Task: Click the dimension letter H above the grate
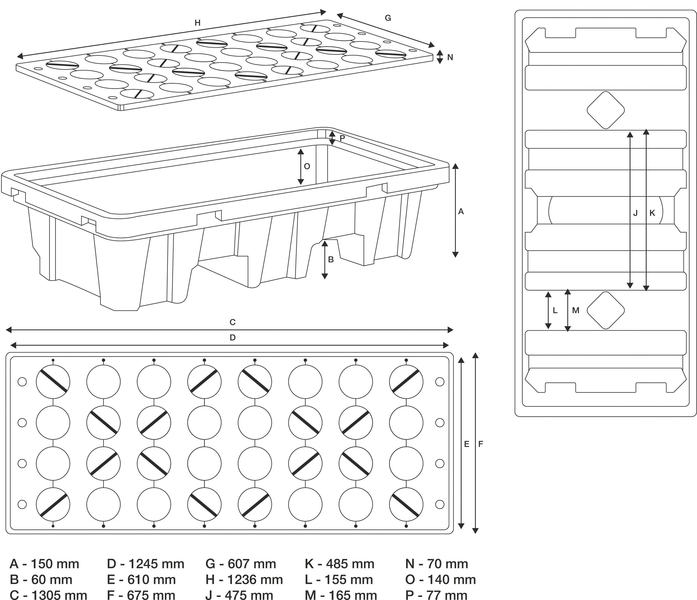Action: click(197, 23)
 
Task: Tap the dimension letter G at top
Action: click(388, 18)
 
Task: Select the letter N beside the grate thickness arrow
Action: click(450, 57)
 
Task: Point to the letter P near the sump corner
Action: click(342, 138)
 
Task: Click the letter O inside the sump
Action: click(307, 166)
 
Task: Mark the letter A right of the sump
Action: click(461, 211)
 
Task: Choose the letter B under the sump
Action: click(331, 259)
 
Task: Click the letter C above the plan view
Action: click(232, 322)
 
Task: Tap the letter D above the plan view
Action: click(232, 338)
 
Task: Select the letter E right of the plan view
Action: click(466, 444)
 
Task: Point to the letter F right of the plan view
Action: click(480, 444)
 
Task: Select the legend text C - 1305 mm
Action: click(49, 595)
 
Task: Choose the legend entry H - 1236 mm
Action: click(244, 580)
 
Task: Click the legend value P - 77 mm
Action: click(436, 595)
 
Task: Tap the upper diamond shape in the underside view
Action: click(605, 110)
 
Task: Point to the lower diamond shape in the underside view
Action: click(605, 310)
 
